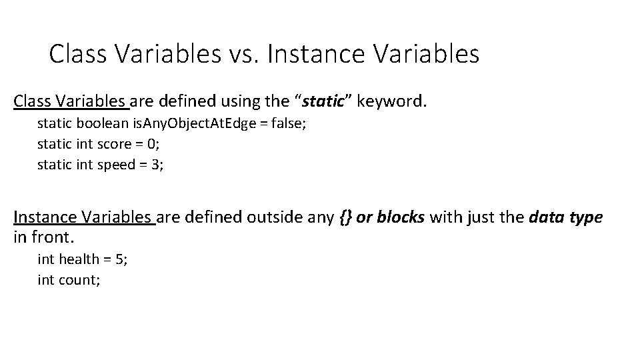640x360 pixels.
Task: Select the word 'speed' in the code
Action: (x=116, y=165)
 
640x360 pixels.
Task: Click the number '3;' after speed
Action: (x=157, y=165)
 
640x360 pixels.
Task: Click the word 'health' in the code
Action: (x=79, y=259)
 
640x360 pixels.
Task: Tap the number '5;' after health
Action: (x=121, y=259)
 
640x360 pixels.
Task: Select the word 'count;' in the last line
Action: (x=79, y=279)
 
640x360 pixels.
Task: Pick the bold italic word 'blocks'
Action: (x=401, y=217)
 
